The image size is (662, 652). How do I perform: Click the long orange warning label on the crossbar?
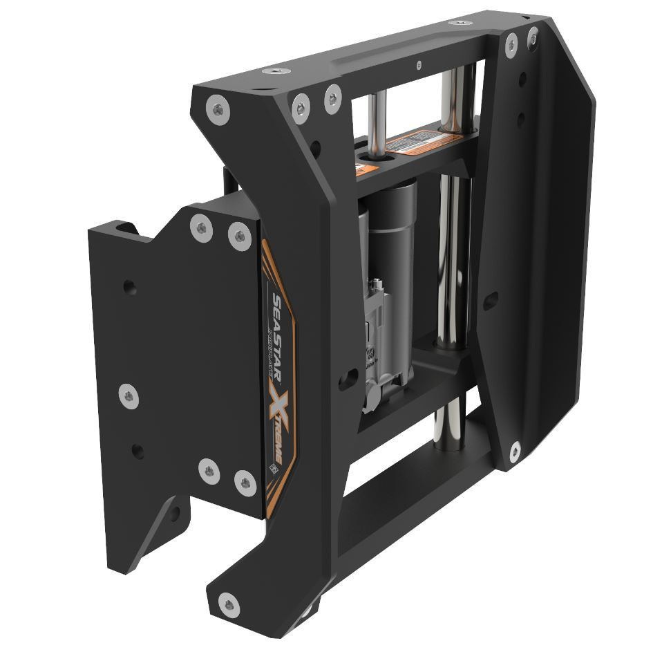tap(417, 145)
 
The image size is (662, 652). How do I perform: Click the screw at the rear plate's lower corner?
tap(514, 452)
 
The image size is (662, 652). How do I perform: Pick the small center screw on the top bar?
tap(418, 65)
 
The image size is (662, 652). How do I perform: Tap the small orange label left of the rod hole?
tap(362, 169)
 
